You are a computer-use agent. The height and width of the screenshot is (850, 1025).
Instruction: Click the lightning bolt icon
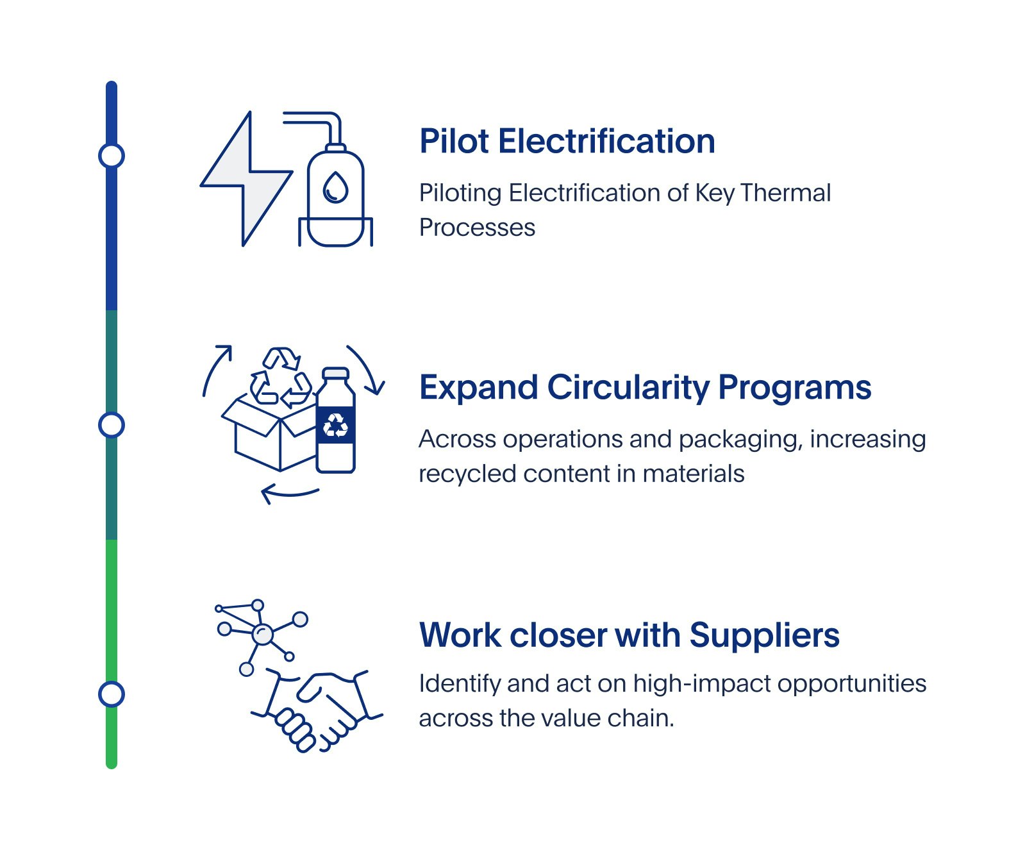point(246,179)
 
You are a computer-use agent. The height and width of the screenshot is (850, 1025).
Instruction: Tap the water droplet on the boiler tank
point(335,187)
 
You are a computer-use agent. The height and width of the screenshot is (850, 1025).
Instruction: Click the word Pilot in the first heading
point(454,141)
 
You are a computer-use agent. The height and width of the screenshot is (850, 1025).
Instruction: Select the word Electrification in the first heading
point(606,141)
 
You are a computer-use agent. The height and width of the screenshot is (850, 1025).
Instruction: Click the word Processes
point(477,228)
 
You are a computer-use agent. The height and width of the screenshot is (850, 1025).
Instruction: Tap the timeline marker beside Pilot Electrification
point(112,156)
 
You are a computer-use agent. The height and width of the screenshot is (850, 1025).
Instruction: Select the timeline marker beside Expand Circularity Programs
point(112,425)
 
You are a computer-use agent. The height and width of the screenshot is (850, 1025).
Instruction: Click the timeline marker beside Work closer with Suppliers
point(112,694)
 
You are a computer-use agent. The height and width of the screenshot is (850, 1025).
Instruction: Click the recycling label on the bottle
point(336,424)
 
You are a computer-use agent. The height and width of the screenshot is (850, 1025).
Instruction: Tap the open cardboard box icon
point(269,430)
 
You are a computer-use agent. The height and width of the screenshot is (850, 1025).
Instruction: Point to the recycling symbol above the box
point(280,378)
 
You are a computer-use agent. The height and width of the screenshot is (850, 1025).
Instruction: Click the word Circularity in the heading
point(628,388)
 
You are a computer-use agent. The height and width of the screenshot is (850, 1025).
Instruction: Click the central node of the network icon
point(262,635)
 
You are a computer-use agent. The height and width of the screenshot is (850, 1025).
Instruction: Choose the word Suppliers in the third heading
point(764,636)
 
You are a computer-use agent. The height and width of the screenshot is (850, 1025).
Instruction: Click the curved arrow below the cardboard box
point(290,494)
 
